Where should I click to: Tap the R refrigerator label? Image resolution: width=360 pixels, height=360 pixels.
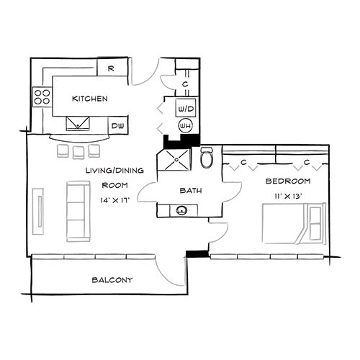112,68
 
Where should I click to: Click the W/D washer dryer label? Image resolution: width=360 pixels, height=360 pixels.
184,108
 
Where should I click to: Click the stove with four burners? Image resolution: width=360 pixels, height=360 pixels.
41,96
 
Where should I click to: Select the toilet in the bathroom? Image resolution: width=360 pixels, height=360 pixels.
207,157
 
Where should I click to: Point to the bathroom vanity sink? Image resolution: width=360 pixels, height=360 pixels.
180,211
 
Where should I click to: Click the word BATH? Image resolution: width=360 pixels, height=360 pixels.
190,191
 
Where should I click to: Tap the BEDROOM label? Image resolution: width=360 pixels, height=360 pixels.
287,181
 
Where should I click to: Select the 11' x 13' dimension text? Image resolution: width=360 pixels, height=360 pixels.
287,196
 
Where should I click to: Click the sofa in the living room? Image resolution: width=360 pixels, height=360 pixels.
77,211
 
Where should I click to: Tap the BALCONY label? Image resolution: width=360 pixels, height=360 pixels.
112,280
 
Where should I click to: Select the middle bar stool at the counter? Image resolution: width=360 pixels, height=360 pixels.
78,150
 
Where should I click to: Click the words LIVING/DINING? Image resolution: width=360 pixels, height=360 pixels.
114,171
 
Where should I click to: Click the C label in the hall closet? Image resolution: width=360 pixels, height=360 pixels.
185,84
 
